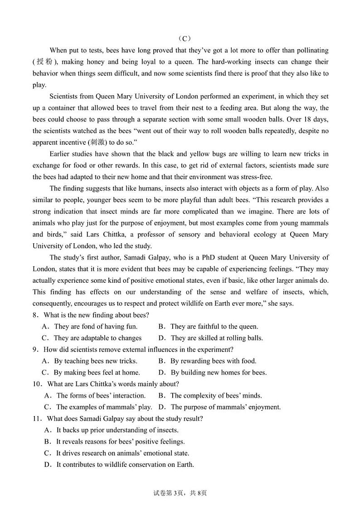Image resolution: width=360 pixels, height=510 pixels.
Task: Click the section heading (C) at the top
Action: [180, 39]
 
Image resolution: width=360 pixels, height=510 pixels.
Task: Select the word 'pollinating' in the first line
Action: [311, 50]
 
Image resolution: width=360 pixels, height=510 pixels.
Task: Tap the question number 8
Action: [34, 315]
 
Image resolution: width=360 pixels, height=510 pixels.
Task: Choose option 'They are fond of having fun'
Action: [95, 326]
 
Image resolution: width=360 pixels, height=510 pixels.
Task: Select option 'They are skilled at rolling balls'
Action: [216, 338]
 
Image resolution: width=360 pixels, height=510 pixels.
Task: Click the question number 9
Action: [34, 349]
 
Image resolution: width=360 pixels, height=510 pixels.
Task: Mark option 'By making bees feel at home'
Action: [97, 373]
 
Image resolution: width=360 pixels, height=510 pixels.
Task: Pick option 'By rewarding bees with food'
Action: [213, 361]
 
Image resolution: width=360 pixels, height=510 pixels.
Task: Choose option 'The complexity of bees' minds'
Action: [216, 396]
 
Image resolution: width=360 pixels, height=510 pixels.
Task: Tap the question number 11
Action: [37, 419]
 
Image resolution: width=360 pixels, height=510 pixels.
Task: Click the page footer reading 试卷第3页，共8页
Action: [180, 493]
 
